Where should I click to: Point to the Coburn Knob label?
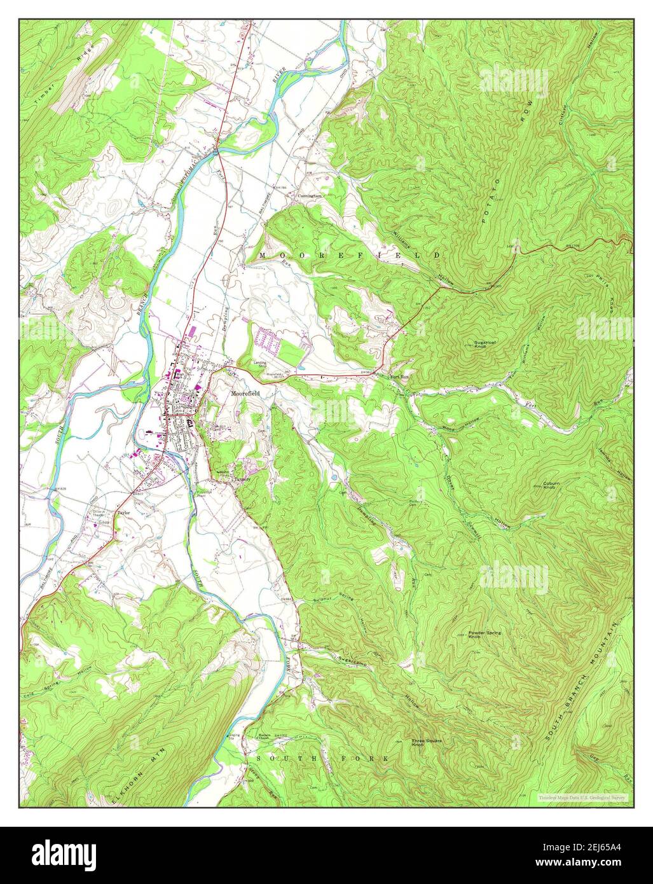click(x=551, y=485)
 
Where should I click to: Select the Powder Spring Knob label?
click(x=484, y=634)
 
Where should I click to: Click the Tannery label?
click(x=242, y=480)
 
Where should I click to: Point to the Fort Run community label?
click(x=399, y=376)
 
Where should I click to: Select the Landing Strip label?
click(x=259, y=364)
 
